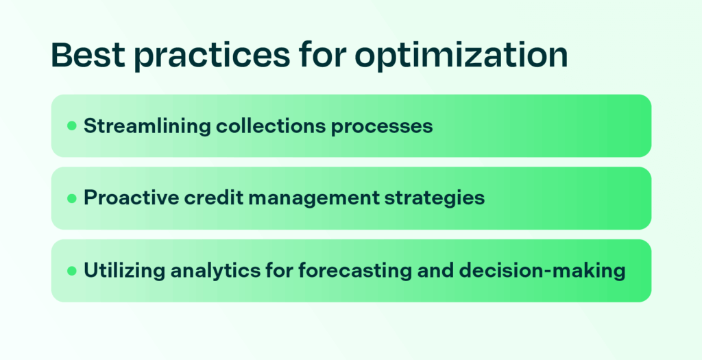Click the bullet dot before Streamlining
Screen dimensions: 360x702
71,126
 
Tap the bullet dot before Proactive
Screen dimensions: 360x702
71,198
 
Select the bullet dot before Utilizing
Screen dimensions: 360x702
71,271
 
